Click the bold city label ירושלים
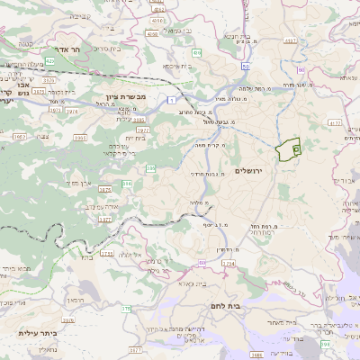tap(251, 170)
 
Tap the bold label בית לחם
tap(262, 319)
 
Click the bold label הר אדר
tap(67, 50)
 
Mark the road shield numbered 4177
tap(335, 121)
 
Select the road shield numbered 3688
tap(256, 355)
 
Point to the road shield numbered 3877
tap(104, 219)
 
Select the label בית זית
tap(135, 139)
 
